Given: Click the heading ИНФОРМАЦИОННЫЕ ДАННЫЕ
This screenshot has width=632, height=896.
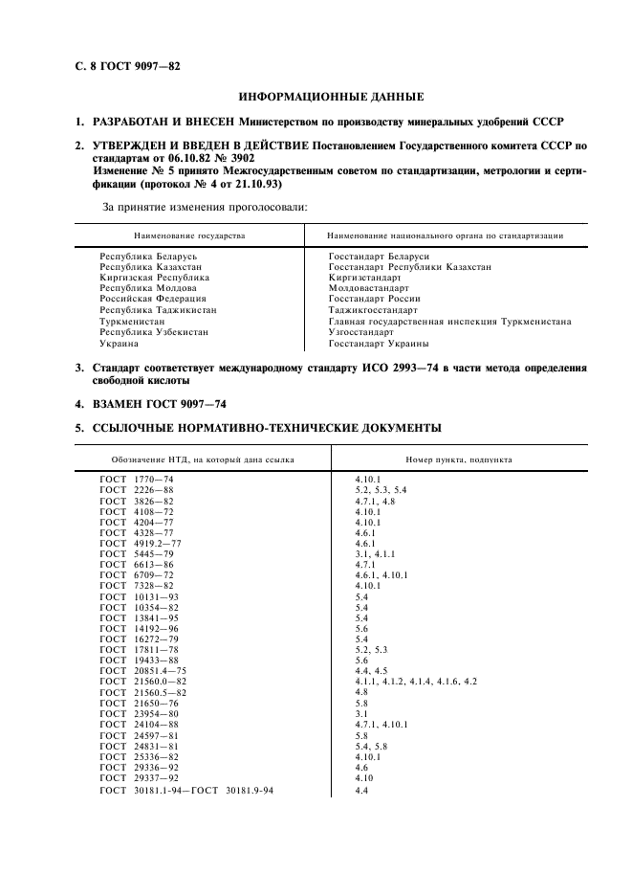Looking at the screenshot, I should pos(330,97).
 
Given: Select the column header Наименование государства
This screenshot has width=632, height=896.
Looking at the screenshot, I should pos(189,235).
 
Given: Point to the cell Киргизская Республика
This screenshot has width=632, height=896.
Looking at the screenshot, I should pos(154,278).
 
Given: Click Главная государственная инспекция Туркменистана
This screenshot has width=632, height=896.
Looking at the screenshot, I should pos(449,322).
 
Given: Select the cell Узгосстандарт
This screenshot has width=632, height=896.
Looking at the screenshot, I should pos(361,332).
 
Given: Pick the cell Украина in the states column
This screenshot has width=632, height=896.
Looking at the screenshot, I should pos(120,343).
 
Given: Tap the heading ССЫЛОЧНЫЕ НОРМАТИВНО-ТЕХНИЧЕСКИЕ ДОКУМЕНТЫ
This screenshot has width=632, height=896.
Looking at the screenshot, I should pos(266,427).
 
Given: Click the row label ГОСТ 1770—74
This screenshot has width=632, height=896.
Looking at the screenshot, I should pos(137,478).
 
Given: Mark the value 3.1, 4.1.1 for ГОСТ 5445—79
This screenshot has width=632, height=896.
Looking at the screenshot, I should pos(374,554).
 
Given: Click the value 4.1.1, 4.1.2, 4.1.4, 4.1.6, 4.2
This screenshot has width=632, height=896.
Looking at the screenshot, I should pos(415,681).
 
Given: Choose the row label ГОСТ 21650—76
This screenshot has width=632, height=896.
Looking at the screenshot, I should pos(139,703).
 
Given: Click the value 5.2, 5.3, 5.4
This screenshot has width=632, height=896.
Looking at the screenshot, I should pos(380,489).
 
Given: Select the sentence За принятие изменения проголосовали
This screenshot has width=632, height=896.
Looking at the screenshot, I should pos(204,206).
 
